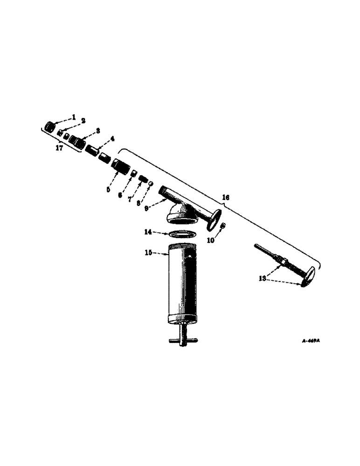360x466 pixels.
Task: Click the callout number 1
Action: coord(73,116)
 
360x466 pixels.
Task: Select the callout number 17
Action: coord(59,148)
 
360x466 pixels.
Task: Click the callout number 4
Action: coord(112,139)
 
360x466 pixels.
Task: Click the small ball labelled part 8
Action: coord(151,185)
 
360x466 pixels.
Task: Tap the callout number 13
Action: coord(263,279)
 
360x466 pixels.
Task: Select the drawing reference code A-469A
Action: coord(311,341)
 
